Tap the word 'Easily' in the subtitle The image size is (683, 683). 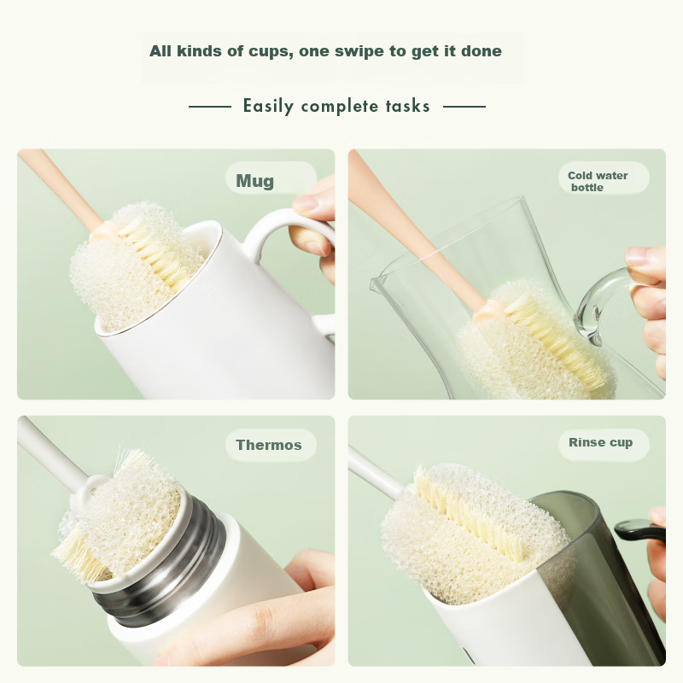pyautogui.click(x=268, y=107)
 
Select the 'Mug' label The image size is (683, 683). pyautogui.click(x=255, y=181)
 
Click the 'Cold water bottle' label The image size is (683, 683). pyautogui.click(x=598, y=181)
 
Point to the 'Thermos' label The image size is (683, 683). pyautogui.click(x=269, y=445)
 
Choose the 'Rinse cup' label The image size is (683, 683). pyautogui.click(x=600, y=442)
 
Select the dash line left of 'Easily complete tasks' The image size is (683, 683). pyautogui.click(x=209, y=107)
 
